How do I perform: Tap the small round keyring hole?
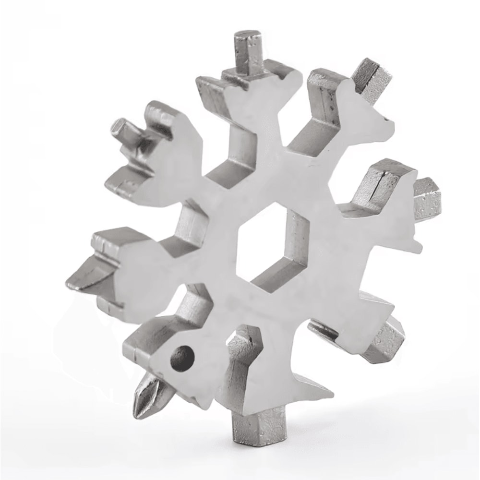tap(182, 358)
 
